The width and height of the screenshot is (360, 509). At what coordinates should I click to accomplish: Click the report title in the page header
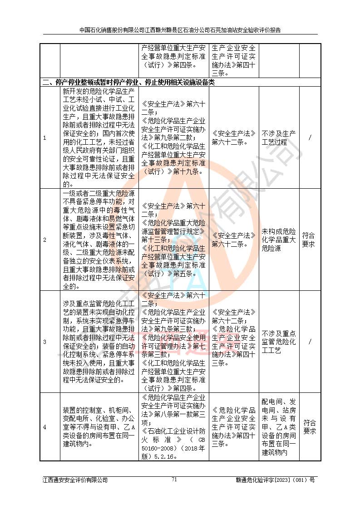click(180, 30)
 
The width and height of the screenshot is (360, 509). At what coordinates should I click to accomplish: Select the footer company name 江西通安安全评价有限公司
click(75, 480)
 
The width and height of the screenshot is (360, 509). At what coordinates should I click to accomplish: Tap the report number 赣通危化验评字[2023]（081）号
click(275, 480)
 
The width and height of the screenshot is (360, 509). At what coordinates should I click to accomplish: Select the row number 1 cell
click(44, 137)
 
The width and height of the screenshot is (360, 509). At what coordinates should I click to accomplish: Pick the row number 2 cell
click(44, 240)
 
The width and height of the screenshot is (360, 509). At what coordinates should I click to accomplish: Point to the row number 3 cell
click(44, 342)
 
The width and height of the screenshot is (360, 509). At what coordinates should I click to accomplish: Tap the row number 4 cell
click(44, 427)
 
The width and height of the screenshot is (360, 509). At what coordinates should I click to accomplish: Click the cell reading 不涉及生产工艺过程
click(279, 137)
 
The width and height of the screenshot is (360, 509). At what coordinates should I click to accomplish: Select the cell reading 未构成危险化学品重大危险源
click(279, 240)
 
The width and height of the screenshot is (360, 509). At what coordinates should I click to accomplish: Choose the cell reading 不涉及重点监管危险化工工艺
click(279, 342)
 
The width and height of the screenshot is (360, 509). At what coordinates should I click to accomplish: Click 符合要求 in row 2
click(309, 240)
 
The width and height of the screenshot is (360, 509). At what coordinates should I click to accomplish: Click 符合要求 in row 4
click(309, 427)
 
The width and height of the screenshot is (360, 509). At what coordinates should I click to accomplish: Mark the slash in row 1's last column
click(309, 137)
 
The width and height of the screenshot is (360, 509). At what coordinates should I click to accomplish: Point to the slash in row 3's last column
click(309, 342)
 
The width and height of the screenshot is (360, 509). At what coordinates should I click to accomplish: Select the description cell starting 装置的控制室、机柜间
click(99, 427)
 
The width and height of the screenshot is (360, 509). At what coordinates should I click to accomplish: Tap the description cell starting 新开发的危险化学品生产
click(99, 137)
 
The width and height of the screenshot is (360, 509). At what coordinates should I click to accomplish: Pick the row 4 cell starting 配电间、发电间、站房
click(279, 427)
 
